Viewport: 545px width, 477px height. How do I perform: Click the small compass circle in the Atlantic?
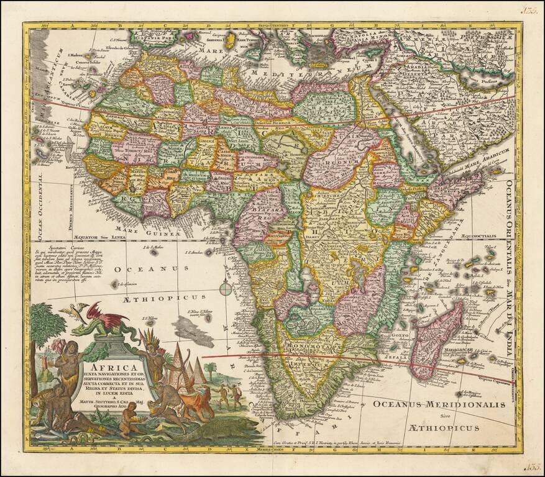pos(226,287)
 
